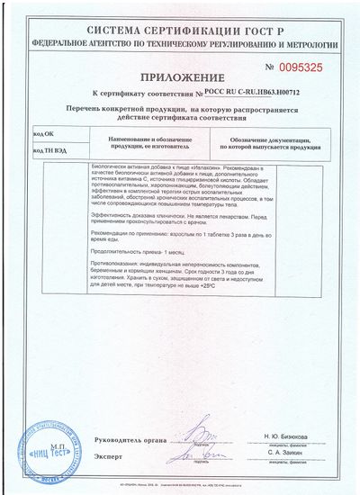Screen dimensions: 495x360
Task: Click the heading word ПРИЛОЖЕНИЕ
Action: [x=179, y=77]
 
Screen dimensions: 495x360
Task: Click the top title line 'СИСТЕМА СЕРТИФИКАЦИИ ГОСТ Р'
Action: [x=180, y=30]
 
